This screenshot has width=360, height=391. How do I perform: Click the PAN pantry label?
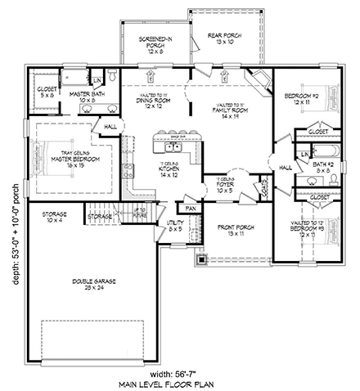click(x=190, y=209)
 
